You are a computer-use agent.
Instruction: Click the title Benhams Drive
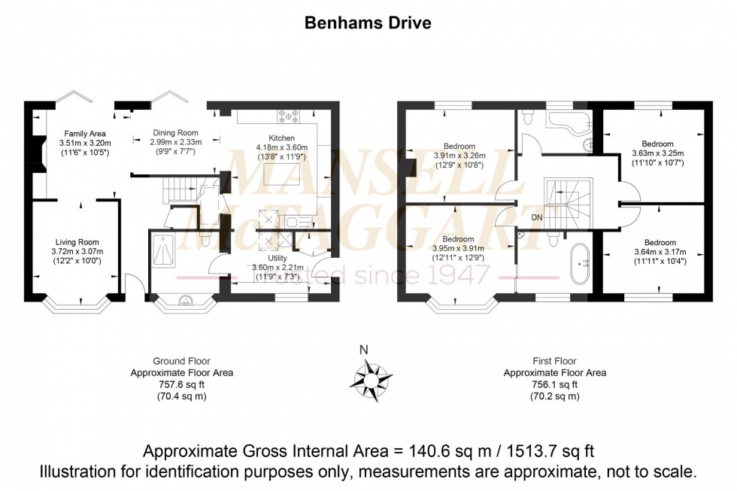[368, 23]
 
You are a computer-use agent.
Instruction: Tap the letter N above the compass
[364, 349]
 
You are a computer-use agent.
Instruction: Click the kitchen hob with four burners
[289, 117]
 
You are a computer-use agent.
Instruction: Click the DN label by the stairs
[537, 217]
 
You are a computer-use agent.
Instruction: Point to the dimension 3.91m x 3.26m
[459, 155]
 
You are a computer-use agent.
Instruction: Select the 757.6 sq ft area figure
[182, 383]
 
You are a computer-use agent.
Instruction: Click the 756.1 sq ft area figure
[555, 383]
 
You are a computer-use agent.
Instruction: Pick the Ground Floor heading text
[181, 361]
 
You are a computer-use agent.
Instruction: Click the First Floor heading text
[555, 361]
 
